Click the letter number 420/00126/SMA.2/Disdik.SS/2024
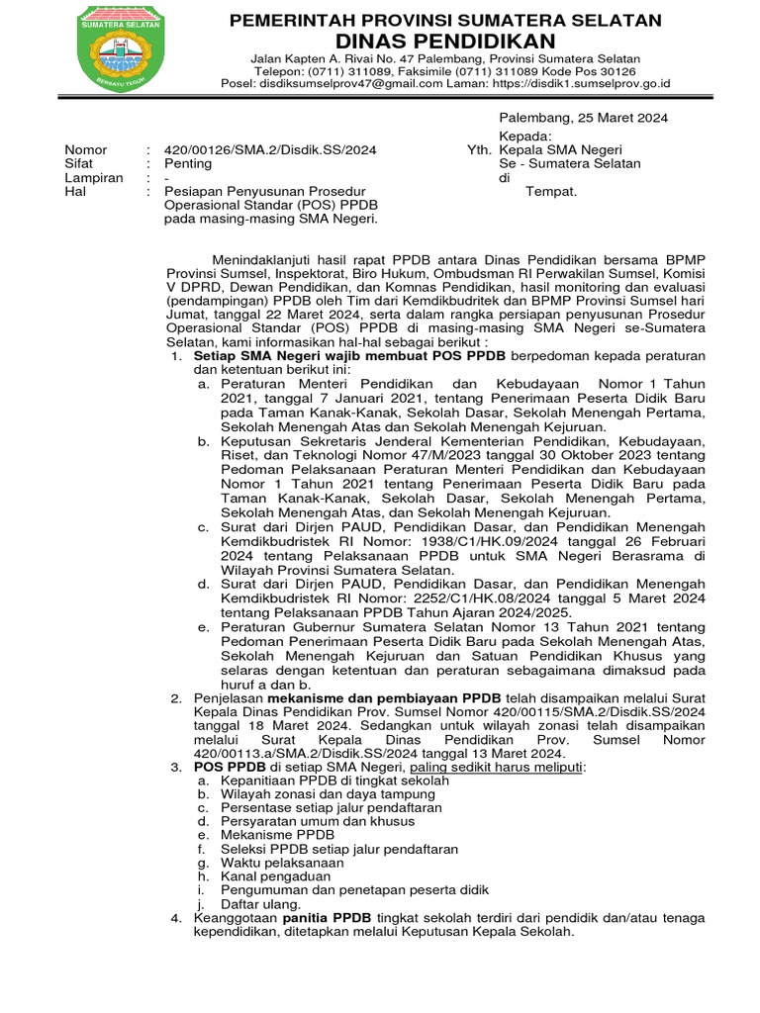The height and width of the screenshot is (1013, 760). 269,149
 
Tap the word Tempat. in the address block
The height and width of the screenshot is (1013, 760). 551,192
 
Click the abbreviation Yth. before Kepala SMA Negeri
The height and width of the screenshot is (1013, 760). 479,149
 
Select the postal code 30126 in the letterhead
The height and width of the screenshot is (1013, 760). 603,71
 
